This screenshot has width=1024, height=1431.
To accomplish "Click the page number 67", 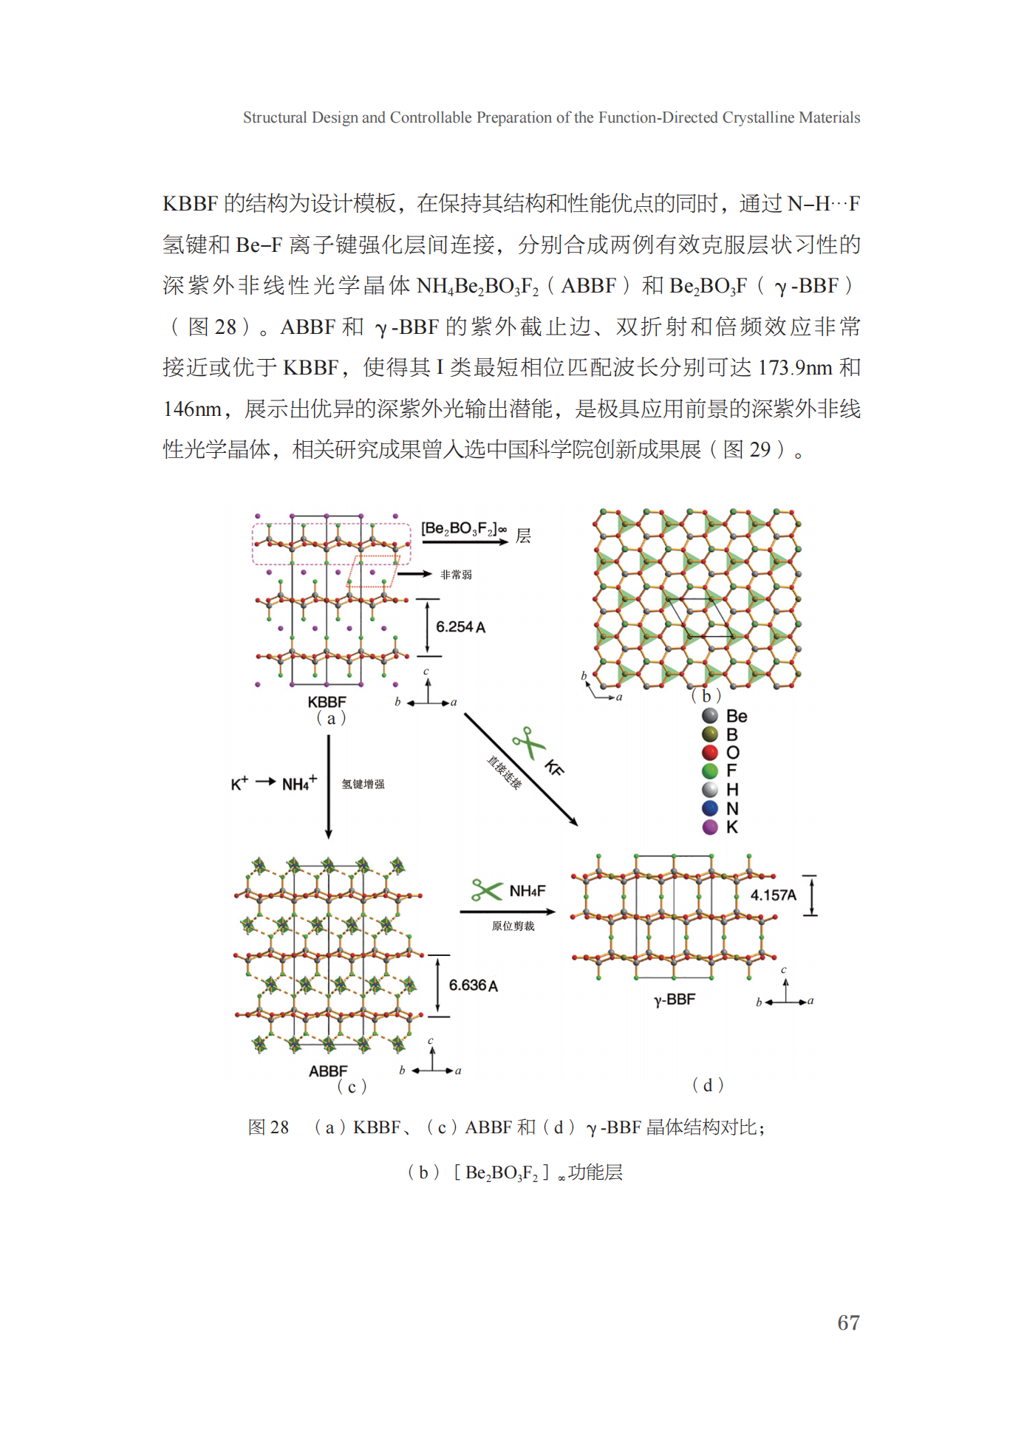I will click(x=847, y=1322).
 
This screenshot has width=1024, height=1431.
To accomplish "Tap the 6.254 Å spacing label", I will click(x=460, y=627).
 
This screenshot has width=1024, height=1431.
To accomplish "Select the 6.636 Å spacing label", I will click(x=473, y=986).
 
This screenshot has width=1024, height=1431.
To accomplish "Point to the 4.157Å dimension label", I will click(x=773, y=895).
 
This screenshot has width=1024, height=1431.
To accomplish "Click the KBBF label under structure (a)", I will click(x=327, y=702).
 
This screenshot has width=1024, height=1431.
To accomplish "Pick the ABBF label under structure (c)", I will click(x=328, y=1070).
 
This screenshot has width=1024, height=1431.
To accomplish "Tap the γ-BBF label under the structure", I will click(x=675, y=1000).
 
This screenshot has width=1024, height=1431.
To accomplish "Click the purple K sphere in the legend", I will click(x=710, y=827).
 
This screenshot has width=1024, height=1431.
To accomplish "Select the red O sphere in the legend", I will click(x=710, y=753).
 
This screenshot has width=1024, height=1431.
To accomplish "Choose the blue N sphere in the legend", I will click(x=710, y=808).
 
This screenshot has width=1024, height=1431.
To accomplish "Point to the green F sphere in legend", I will click(x=710, y=771).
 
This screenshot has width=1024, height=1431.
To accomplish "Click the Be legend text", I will click(x=737, y=716).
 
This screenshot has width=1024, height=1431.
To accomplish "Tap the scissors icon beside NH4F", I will click(x=486, y=889).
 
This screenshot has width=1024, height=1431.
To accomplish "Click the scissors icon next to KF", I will click(x=528, y=742).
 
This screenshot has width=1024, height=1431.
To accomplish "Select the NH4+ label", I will click(x=299, y=783).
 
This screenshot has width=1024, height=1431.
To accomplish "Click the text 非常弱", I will click(x=456, y=575).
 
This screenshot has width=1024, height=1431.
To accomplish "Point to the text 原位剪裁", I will click(x=513, y=926).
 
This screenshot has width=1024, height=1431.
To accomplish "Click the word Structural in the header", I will click(x=275, y=117).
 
